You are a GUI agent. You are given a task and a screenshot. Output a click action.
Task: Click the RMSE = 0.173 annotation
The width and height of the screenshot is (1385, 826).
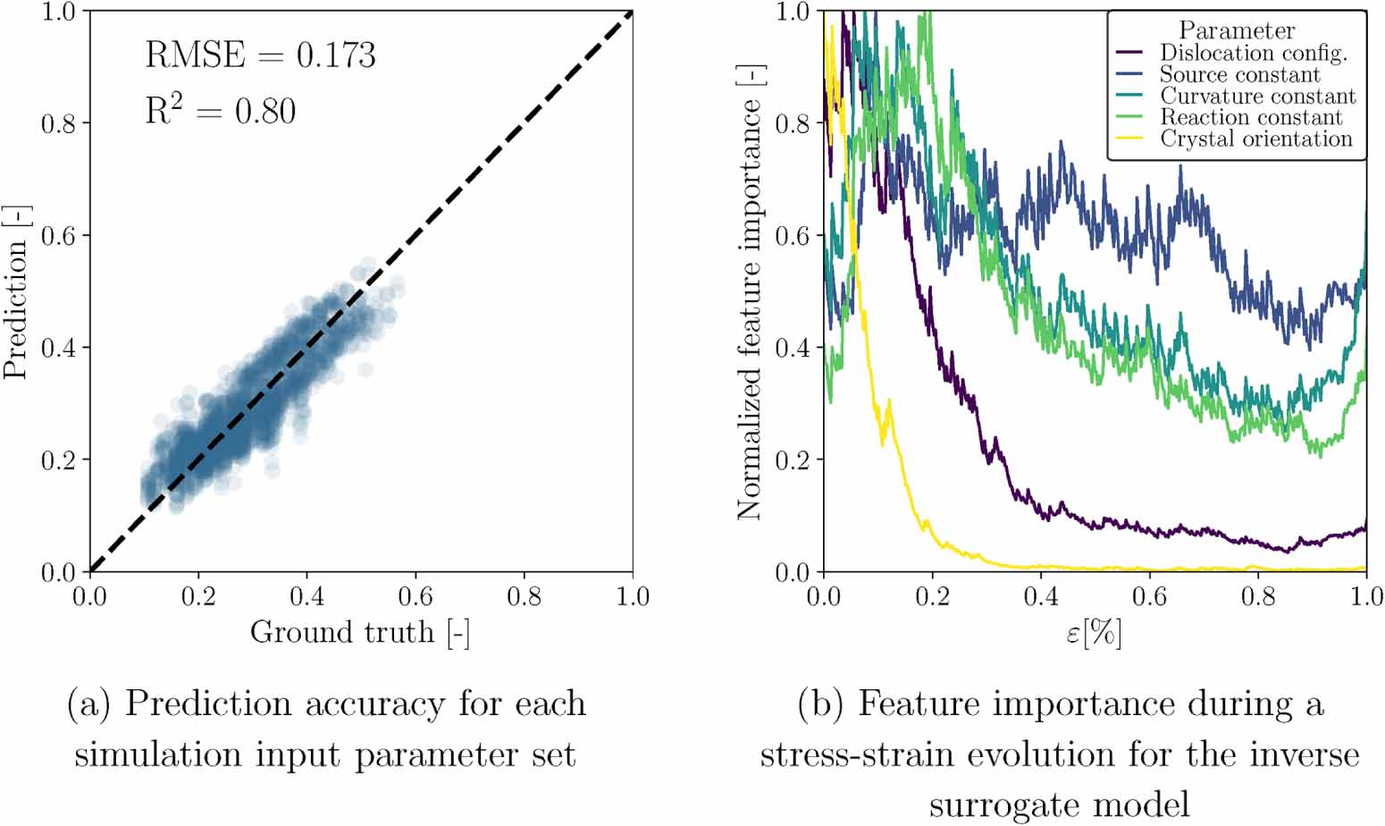(x=260, y=55)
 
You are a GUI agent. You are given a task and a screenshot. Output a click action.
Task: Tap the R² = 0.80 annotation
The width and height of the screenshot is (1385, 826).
(x=221, y=111)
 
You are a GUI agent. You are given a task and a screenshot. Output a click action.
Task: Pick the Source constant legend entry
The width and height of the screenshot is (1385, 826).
(x=1239, y=74)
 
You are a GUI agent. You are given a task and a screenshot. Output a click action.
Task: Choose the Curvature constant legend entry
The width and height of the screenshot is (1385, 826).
(x=1257, y=96)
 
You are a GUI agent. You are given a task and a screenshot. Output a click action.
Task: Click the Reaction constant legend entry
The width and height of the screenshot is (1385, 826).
(x=1250, y=117)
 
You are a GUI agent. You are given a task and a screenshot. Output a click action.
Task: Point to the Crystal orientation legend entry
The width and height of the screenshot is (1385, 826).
(x=1255, y=139)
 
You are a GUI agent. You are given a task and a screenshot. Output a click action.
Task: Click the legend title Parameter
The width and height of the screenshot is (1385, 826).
(x=1236, y=30)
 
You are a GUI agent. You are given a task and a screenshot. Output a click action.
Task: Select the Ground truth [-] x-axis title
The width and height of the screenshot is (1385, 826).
(x=360, y=632)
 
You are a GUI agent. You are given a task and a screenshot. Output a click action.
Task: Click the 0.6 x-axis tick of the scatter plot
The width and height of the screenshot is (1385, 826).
(x=415, y=596)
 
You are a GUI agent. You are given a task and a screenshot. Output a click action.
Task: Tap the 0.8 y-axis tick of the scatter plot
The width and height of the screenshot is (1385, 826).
(x=59, y=123)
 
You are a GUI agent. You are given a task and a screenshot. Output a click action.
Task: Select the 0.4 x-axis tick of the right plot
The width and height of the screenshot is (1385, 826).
(x=1041, y=596)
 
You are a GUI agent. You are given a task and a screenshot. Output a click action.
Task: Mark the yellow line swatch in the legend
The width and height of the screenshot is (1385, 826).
(x=1130, y=139)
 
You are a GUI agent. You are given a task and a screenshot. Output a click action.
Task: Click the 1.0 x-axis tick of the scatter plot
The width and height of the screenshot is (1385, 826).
(x=633, y=596)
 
